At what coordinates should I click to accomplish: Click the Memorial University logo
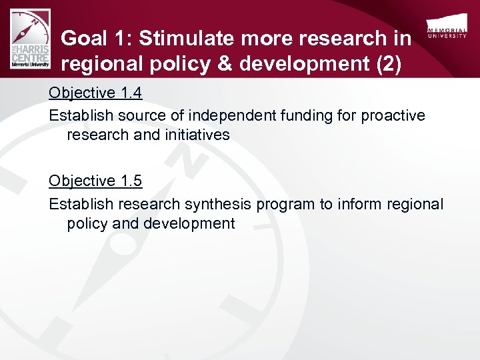[447, 33]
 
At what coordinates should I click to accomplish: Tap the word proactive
[393, 115]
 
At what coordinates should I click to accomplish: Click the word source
[136, 115]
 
